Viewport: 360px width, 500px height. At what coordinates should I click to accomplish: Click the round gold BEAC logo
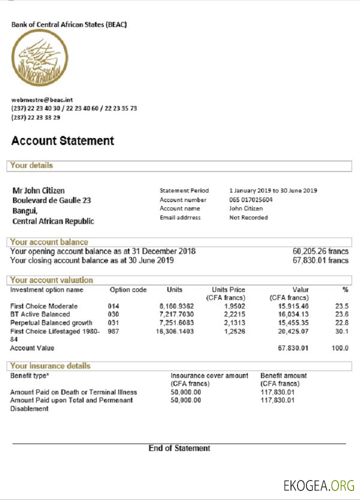(x=39, y=58)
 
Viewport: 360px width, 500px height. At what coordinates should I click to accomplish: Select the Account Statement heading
(x=62, y=141)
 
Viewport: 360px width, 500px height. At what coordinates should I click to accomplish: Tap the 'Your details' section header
(x=31, y=165)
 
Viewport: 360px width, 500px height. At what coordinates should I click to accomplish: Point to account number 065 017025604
(x=251, y=199)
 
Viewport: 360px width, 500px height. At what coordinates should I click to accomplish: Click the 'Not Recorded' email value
(x=248, y=217)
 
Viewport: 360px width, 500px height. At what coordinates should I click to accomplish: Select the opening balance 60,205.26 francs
(x=320, y=251)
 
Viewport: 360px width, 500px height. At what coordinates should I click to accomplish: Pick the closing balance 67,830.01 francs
(x=320, y=260)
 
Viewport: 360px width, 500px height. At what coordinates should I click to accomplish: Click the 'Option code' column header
(x=128, y=290)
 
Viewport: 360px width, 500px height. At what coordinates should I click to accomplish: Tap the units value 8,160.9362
(x=177, y=306)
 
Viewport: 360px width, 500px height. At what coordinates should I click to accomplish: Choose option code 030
(x=113, y=314)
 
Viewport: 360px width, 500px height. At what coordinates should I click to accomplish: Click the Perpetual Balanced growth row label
(x=51, y=323)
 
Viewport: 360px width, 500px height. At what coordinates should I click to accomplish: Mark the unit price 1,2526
(x=234, y=331)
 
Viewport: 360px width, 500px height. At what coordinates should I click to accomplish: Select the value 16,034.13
(x=293, y=314)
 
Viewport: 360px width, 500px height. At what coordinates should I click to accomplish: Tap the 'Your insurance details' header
(x=50, y=366)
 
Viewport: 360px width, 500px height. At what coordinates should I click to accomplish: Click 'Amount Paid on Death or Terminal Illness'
(x=73, y=392)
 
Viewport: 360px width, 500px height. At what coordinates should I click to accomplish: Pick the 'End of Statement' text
(x=179, y=448)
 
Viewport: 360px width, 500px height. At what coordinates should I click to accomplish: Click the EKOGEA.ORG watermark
(x=318, y=485)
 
